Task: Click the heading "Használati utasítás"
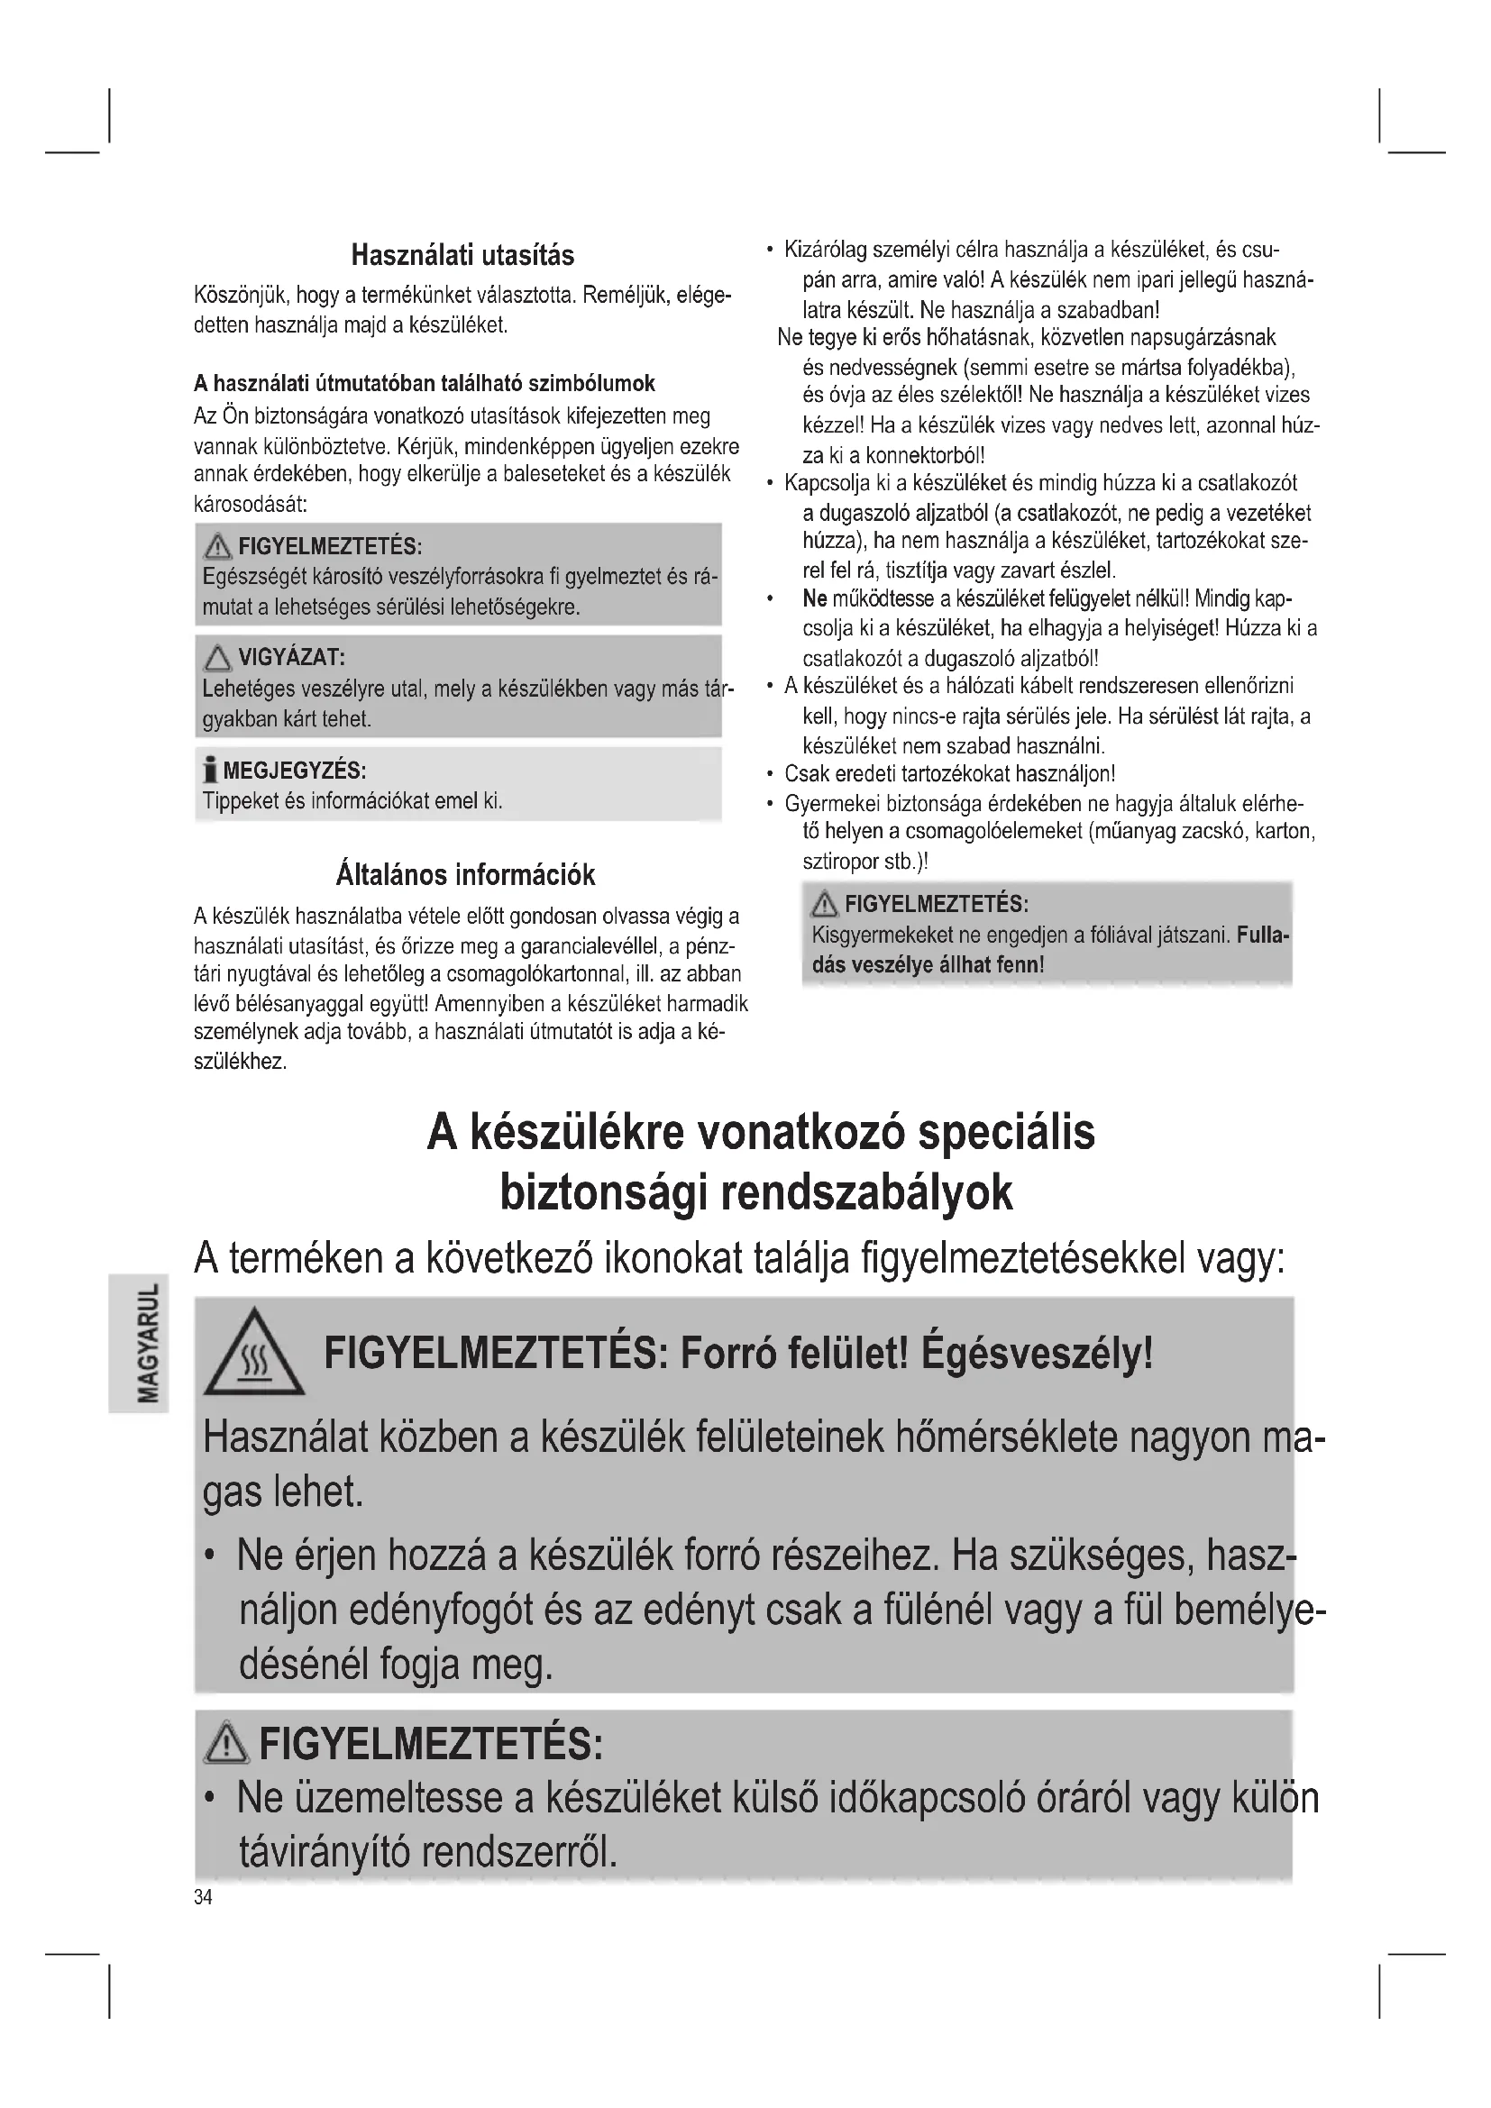coord(462,255)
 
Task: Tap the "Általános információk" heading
coord(465,874)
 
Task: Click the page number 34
coord(203,1897)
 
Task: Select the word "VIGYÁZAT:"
coord(291,657)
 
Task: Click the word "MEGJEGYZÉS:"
coord(295,770)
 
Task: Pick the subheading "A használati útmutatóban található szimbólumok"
coord(425,383)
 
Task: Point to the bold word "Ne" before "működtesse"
coord(814,599)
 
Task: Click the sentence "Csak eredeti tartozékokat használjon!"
coord(949,774)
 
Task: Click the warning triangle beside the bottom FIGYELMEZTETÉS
coord(226,1743)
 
